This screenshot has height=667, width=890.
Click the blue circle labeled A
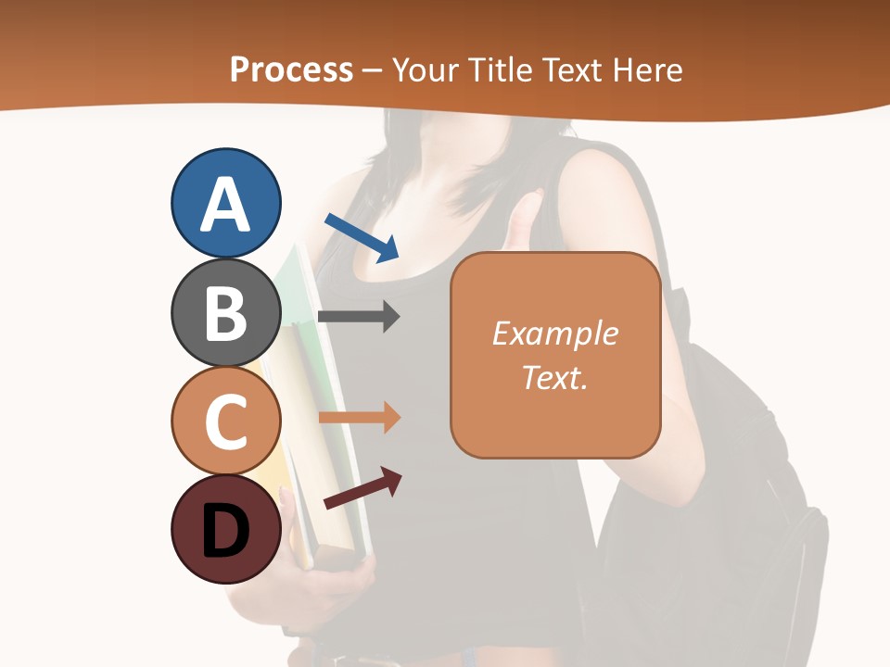(226, 203)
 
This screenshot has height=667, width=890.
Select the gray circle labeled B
(226, 312)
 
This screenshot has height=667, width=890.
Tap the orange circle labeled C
(226, 421)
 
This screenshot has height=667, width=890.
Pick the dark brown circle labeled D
(226, 529)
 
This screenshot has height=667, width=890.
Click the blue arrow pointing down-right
(362, 237)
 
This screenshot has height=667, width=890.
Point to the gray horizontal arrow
(358, 316)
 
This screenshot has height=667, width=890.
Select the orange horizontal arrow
(358, 418)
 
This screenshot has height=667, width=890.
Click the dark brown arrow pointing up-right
(362, 487)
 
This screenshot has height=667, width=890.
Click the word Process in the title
(291, 69)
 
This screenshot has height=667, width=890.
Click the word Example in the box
(554, 333)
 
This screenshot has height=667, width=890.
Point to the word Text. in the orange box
(554, 377)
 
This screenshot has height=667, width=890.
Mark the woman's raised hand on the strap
(525, 222)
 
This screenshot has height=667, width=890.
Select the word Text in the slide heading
(573, 69)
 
